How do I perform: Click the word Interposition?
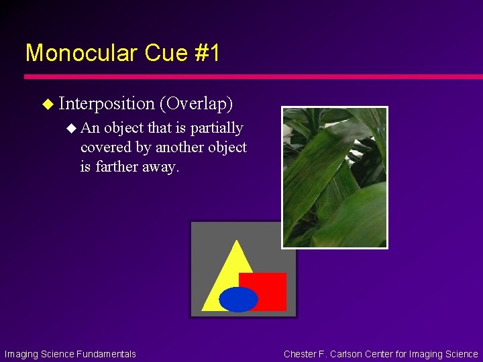(x=107, y=103)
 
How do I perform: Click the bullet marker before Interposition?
(x=47, y=104)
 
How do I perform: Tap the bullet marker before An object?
(x=72, y=128)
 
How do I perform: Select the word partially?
(x=216, y=127)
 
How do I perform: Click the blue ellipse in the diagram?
(x=238, y=300)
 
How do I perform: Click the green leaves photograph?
(x=334, y=177)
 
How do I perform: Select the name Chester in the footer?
(x=301, y=354)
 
